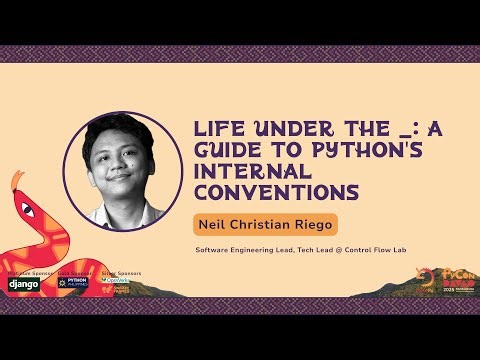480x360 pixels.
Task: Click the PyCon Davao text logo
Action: [x=454, y=275]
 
